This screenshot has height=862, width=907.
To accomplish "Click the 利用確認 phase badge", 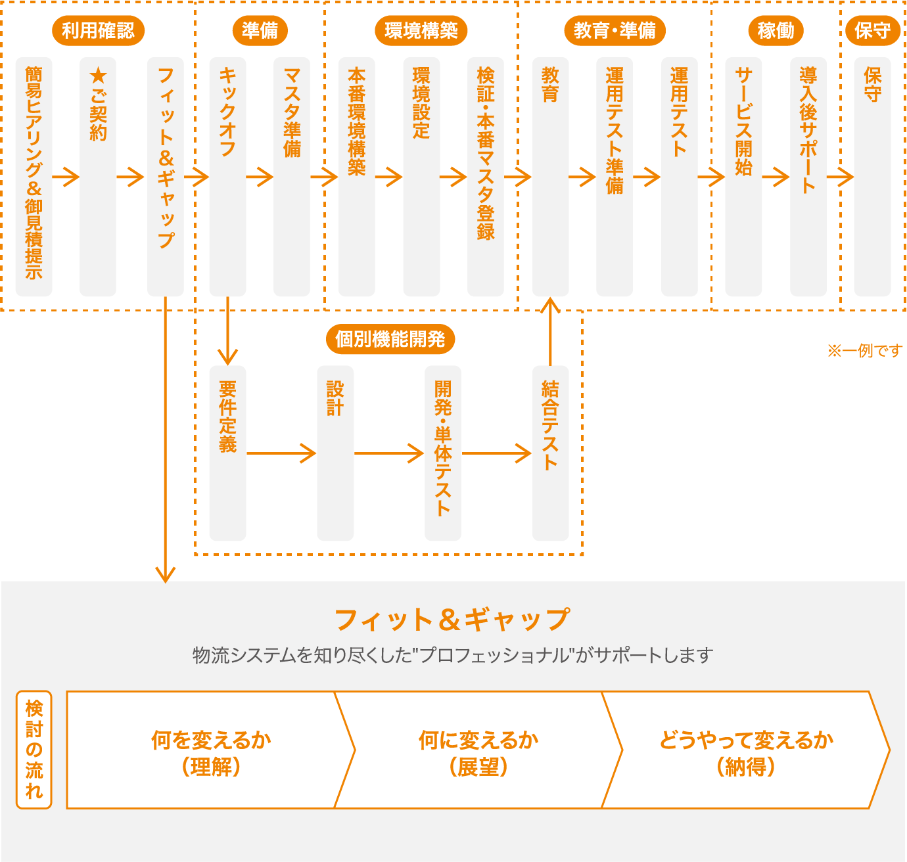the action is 99,31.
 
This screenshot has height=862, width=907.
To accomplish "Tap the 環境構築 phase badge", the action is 421,31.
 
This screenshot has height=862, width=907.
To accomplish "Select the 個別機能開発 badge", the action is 390,339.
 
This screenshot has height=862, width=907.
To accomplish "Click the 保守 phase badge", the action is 872,31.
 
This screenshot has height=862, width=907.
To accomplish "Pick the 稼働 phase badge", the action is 776,31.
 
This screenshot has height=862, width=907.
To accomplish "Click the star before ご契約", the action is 99,76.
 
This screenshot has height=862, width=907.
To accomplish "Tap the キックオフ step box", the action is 228,177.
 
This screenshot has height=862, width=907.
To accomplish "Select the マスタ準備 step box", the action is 292,177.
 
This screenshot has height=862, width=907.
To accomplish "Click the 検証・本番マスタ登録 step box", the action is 485,177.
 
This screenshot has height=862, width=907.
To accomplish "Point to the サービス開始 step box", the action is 743,177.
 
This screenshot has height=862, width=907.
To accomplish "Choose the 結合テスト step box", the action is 550,453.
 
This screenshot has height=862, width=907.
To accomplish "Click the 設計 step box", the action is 335,453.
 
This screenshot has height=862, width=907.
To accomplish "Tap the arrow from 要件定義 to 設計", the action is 281,453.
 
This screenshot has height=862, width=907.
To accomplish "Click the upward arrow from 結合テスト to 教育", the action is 550,332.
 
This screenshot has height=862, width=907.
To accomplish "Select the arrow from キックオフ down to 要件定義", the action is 228,330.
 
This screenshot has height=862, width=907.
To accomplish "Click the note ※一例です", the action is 864,351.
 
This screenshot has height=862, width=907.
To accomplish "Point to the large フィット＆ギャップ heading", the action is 453,620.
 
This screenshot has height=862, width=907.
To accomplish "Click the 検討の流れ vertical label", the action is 34,750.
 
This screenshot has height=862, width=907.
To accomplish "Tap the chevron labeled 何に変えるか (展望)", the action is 478,750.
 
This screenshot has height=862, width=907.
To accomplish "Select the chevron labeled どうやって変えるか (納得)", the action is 746,750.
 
